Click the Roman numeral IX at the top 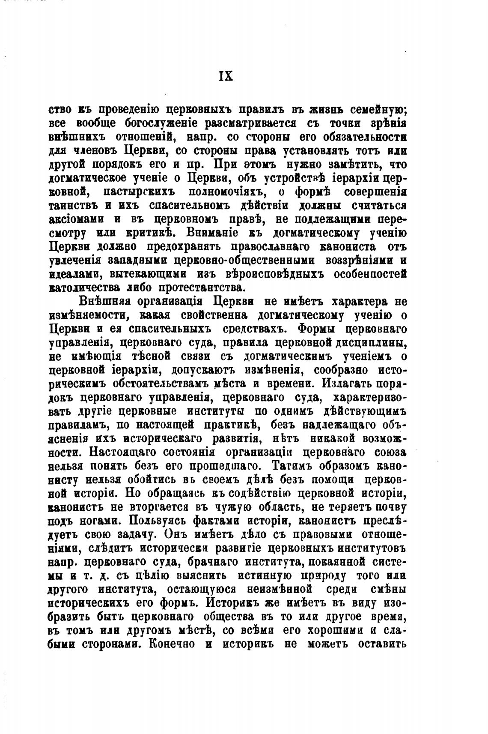[x=226, y=76]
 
